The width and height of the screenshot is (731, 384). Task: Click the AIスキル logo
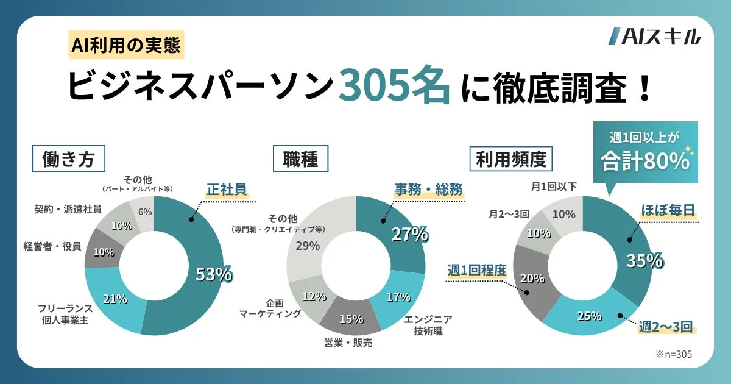tap(655, 37)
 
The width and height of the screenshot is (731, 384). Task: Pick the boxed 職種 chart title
tap(301, 160)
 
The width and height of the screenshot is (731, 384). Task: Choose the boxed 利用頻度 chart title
tap(511, 160)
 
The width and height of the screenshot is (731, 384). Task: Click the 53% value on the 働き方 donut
tap(213, 274)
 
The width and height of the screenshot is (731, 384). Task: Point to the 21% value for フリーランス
tap(115, 299)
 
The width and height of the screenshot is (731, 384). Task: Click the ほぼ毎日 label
tap(668, 210)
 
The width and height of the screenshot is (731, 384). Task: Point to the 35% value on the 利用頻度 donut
tap(644, 260)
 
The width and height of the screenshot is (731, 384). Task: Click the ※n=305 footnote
tap(674, 353)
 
